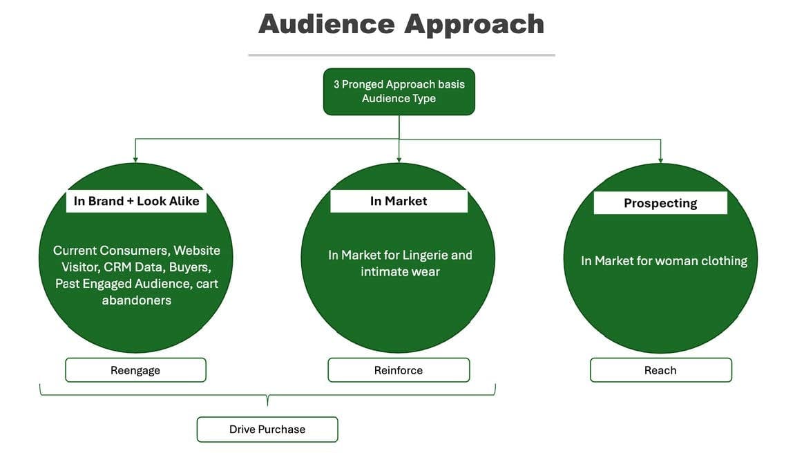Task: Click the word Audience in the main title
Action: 326,24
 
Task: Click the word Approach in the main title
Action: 475,24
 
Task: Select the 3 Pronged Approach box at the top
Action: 399,91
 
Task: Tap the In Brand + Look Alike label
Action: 136,201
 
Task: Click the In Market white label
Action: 399,201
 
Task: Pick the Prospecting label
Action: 660,203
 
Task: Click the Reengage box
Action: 135,370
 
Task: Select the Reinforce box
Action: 399,370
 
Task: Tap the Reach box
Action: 660,370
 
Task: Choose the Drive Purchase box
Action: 267,430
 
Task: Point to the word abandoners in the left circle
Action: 137,300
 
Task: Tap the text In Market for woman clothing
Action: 664,261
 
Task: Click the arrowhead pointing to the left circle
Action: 135,160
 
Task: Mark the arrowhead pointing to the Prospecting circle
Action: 660,160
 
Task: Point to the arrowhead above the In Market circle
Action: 399,160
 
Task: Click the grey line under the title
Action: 401,55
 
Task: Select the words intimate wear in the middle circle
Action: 400,272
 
